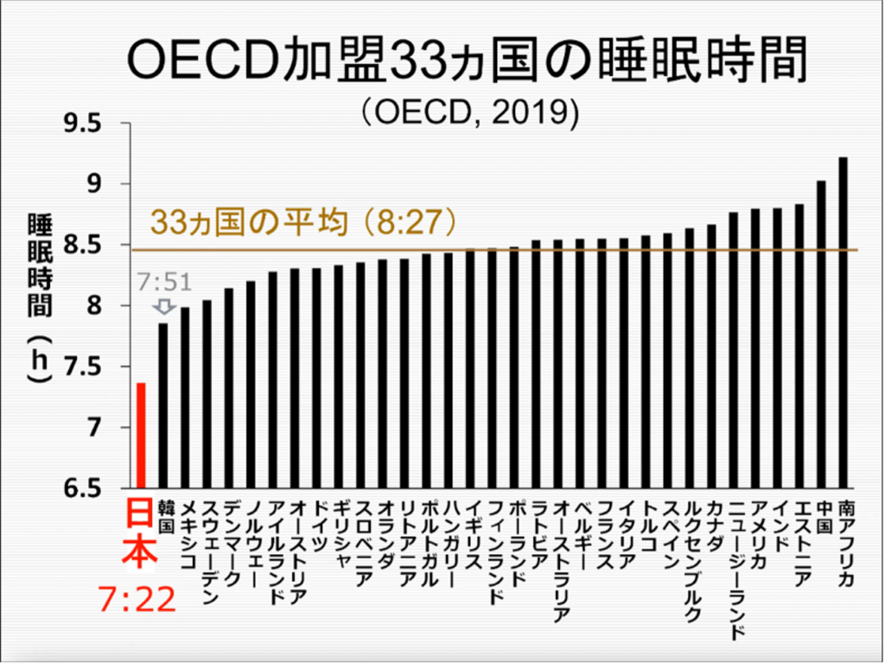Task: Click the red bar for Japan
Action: click(x=141, y=436)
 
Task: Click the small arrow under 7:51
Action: click(x=162, y=307)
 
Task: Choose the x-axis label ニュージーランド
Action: click(x=735, y=566)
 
